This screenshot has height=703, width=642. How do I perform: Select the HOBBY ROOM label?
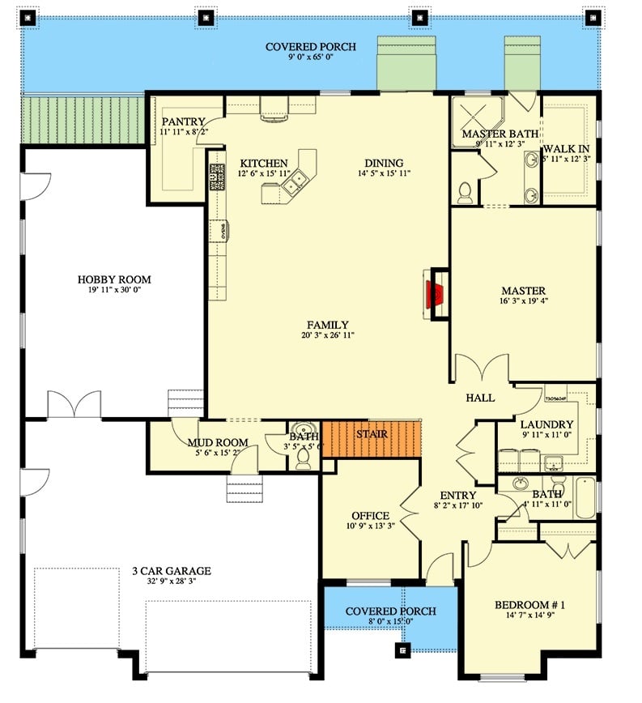tap(114, 279)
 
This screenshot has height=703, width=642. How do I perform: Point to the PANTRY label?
tap(183, 121)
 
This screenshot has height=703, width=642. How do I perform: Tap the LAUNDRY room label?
tap(546, 424)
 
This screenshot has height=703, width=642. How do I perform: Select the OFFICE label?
tap(370, 516)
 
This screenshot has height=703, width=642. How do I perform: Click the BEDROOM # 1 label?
tap(529, 604)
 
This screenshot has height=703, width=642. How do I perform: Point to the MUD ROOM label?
tap(217, 442)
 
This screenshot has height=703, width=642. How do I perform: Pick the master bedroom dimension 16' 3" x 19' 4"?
tap(523, 302)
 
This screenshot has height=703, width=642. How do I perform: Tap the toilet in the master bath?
tap(465, 192)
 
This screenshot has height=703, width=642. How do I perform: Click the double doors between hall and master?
tap(483, 370)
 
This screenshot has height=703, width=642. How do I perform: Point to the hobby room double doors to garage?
tap(74, 405)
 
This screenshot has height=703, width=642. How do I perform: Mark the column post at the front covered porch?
tap(402, 648)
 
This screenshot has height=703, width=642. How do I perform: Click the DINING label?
tap(384, 163)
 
